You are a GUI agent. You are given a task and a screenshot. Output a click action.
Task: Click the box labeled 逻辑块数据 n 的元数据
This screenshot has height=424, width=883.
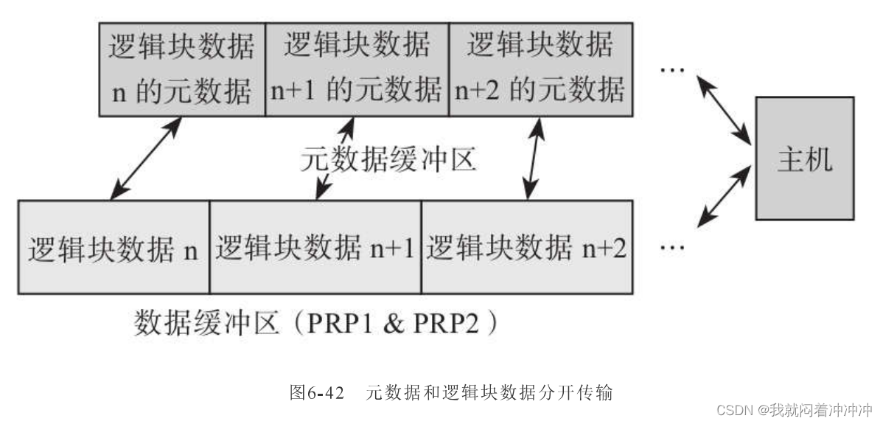[182, 69]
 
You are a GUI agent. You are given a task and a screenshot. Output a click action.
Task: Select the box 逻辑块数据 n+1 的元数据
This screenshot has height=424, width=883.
[357, 69]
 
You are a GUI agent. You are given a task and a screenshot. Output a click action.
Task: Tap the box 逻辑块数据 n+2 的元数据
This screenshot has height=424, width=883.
[540, 69]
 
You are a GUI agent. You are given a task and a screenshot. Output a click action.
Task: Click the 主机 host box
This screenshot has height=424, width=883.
[805, 158]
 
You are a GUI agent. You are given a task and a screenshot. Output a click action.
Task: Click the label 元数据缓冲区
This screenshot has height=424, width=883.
[388, 159]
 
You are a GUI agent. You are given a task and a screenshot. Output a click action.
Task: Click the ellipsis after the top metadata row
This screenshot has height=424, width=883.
[672, 70]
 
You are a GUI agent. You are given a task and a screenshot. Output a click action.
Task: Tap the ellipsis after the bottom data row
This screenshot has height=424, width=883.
[672, 249]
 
